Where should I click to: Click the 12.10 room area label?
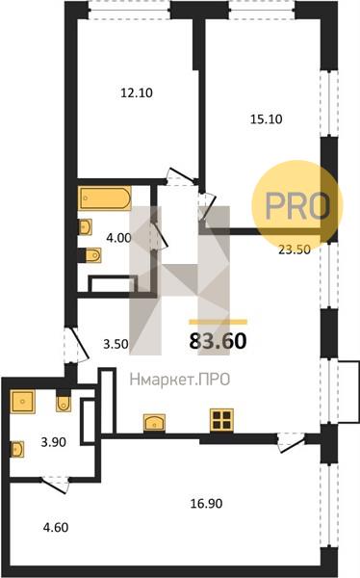137,92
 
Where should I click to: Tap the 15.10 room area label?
266,119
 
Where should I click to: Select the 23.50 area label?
294,250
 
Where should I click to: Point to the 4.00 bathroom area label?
118,238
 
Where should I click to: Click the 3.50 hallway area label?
116,344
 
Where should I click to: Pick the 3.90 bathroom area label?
54,441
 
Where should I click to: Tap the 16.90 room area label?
206,503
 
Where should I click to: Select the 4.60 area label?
56,527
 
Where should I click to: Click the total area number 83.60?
218,341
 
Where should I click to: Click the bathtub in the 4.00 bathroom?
104,197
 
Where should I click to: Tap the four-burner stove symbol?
221,420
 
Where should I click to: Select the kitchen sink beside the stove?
154,422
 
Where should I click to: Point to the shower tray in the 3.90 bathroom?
23,401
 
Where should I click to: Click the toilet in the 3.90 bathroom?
64,404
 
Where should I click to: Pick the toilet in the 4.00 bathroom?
93,255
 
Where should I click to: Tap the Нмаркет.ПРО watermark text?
180,380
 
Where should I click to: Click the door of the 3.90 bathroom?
55,484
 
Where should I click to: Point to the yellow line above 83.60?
218,322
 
